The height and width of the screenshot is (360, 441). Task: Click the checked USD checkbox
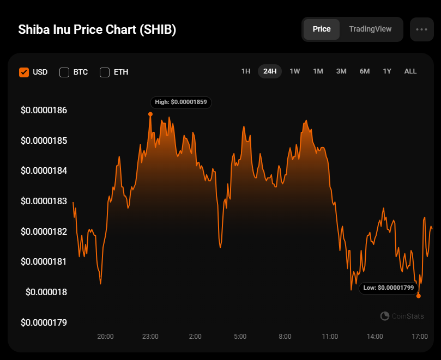24,72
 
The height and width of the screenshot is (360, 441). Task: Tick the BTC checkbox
64,72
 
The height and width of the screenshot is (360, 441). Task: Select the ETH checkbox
105,72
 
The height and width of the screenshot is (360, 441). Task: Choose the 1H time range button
246,71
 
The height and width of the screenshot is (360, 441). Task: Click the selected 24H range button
270,71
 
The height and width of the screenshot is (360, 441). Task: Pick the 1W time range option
295,71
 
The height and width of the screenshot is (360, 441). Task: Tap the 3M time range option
341,71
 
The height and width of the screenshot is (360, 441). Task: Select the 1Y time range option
387,71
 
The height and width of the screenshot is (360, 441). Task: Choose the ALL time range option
410,71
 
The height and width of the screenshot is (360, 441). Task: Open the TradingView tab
370,29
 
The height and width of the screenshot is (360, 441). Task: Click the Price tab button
322,29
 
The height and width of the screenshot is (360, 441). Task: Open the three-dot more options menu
421,29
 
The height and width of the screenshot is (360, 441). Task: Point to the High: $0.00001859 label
181,102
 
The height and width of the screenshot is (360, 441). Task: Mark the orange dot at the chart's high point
150,114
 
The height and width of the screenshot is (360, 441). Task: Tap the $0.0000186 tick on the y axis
44,111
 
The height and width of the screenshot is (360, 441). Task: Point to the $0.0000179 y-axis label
44,322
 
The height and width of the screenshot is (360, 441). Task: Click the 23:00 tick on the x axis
150,337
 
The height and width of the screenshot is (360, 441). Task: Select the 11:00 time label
330,337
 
